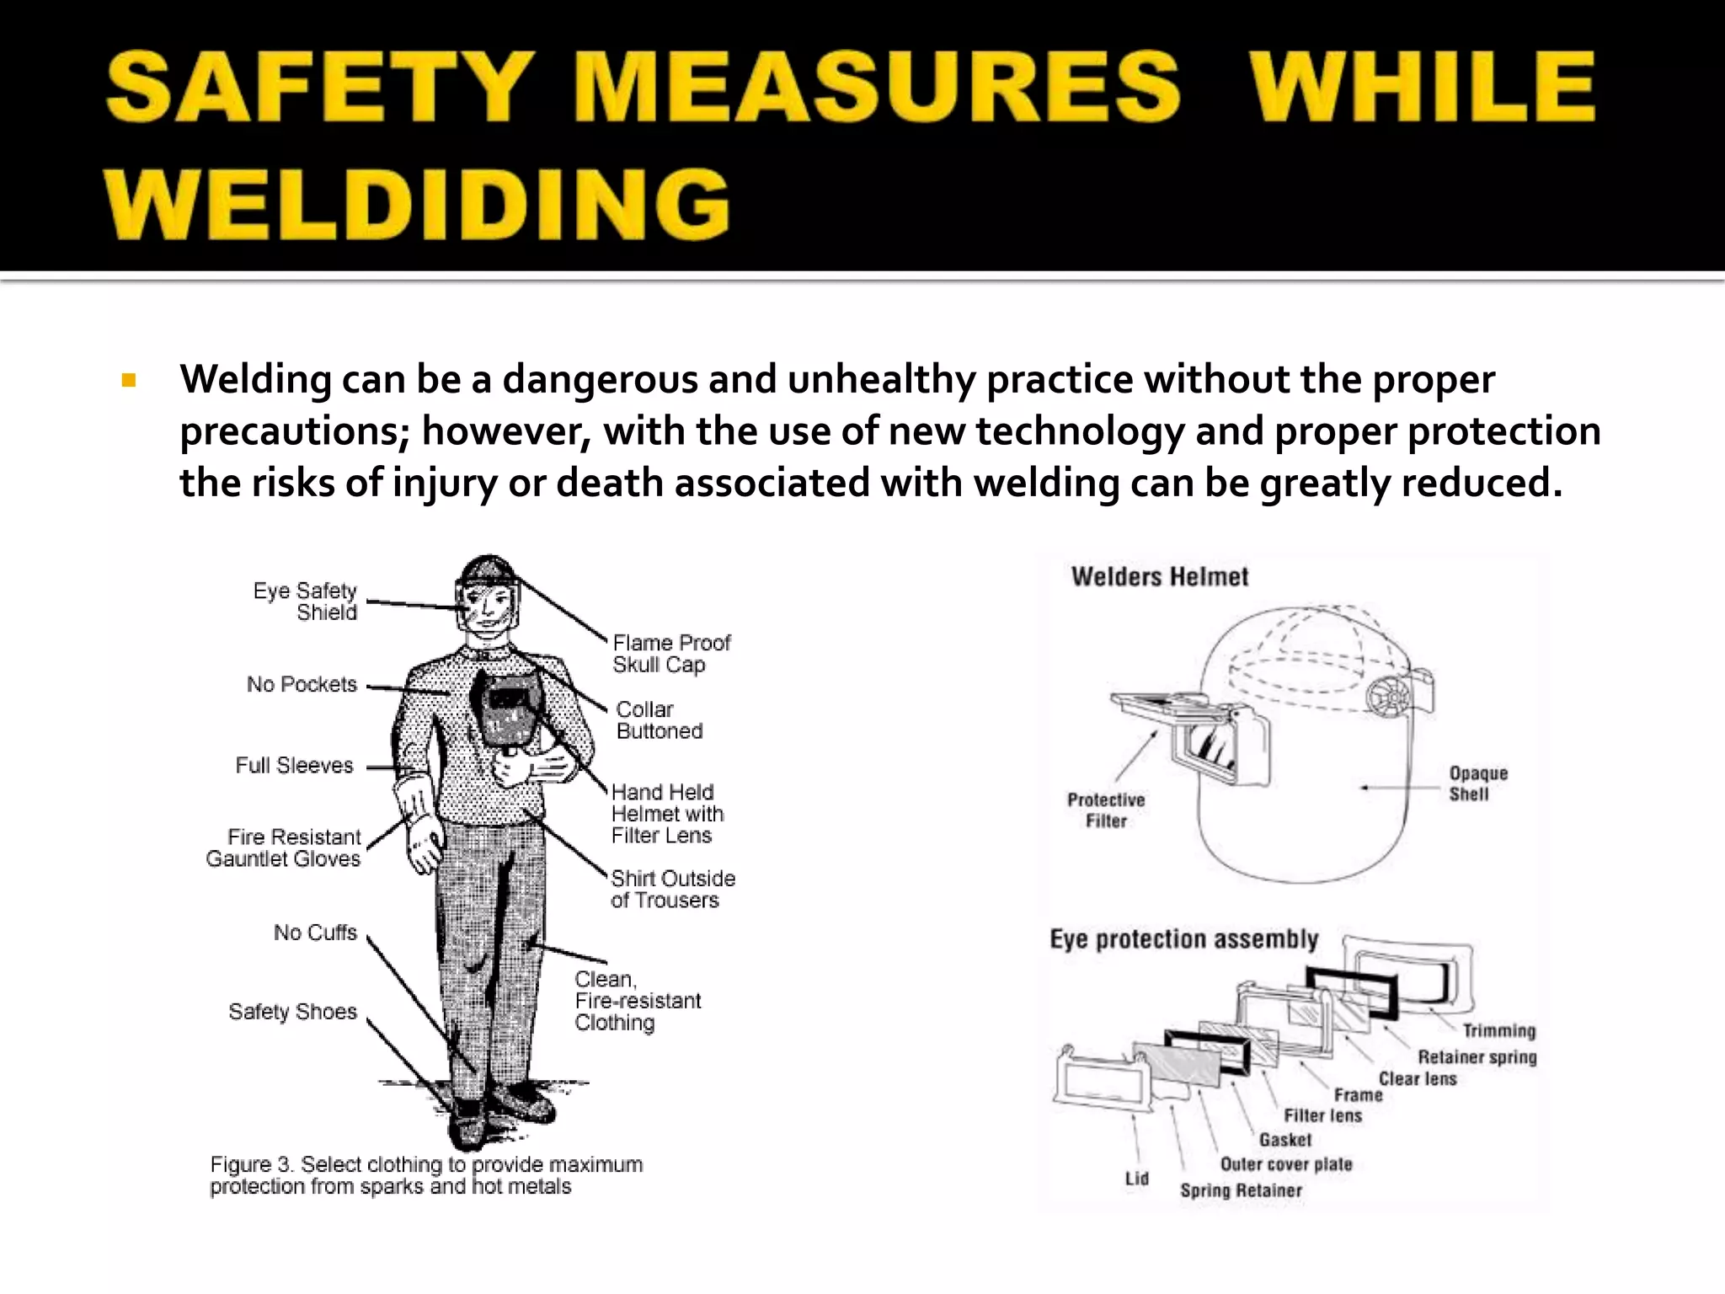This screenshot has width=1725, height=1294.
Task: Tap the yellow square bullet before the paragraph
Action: [129, 381]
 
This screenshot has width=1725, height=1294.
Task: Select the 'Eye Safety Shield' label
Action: [305, 602]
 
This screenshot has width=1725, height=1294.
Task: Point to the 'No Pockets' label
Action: [302, 684]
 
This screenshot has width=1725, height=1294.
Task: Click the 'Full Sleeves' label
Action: [294, 765]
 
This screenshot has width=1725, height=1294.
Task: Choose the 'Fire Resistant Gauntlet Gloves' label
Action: [283, 848]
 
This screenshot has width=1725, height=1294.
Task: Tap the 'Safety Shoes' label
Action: [292, 1011]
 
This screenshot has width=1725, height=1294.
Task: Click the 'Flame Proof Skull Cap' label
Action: [671, 654]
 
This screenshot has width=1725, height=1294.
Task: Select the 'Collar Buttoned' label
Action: [659, 720]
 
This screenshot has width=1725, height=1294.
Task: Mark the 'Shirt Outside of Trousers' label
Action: [672, 889]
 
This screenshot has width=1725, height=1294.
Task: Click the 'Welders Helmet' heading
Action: [1159, 577]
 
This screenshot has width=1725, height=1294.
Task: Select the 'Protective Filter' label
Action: [1106, 810]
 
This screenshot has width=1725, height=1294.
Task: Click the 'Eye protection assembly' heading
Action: [1183, 939]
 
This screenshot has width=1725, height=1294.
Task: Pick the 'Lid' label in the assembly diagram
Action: [1136, 1178]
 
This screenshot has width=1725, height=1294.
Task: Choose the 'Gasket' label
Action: [1285, 1140]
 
